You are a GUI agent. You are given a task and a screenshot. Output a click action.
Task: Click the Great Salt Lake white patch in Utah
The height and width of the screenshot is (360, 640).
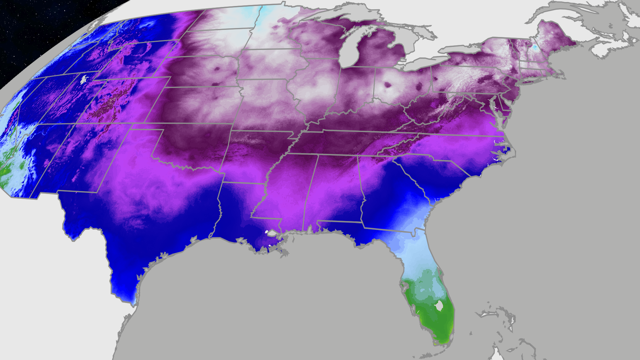click(85, 79)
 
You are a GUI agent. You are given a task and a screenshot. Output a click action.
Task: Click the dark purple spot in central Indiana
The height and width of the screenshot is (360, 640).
click(387, 84)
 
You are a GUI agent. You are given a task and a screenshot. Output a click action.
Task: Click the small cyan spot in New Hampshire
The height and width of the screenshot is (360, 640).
click(535, 48)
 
